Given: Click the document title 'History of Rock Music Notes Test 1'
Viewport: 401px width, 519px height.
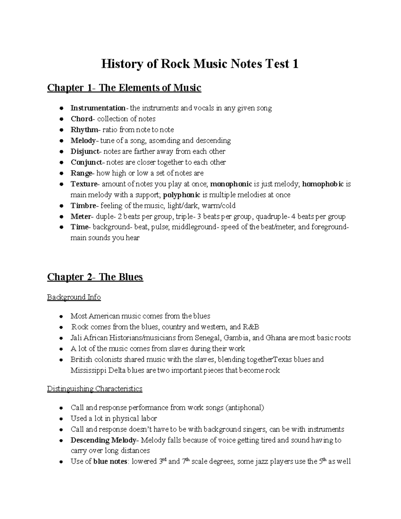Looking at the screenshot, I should click(x=200, y=64).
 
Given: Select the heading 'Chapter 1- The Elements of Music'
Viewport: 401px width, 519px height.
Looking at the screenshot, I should click(x=124, y=88).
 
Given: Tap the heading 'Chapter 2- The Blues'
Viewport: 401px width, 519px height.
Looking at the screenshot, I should click(x=95, y=277).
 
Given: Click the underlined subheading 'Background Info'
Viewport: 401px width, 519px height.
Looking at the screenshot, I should click(x=74, y=297).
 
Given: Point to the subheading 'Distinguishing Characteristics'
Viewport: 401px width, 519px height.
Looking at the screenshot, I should click(x=95, y=389).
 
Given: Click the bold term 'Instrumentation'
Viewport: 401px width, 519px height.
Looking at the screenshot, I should click(x=98, y=108).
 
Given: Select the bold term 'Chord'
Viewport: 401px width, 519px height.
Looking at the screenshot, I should click(x=81, y=119).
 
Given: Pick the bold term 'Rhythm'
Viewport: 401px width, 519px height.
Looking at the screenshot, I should click(x=84, y=130).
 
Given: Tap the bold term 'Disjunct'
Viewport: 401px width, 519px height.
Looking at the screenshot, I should click(x=85, y=151).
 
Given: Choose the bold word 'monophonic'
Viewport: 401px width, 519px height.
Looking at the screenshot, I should click(x=231, y=184).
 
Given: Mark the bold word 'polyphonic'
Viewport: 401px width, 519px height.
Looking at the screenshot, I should click(x=182, y=195).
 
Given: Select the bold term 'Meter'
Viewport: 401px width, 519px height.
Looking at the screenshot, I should click(x=81, y=217).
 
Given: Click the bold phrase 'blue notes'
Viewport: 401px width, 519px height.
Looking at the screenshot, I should click(x=110, y=462).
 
